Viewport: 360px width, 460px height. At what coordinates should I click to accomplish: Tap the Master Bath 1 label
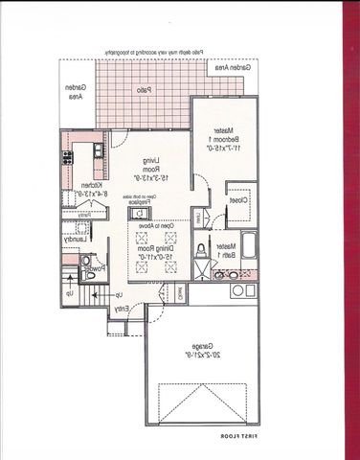point(223,252)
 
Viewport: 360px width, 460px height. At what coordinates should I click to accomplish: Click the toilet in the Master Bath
point(200,252)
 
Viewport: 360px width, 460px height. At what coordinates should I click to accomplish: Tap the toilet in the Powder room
point(86,260)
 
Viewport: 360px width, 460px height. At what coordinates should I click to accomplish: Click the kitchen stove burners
point(68,158)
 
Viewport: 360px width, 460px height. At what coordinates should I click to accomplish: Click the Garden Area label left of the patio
point(74,91)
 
